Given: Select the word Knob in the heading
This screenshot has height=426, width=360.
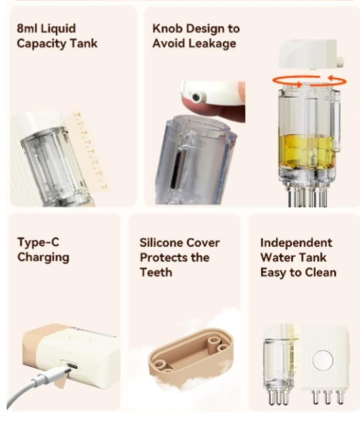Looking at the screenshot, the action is tap(166, 29).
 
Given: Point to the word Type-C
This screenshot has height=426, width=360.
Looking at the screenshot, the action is tap(38, 242).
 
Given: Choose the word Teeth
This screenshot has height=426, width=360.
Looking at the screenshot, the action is tap(156, 272).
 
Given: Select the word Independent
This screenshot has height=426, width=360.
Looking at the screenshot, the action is tap(296, 243).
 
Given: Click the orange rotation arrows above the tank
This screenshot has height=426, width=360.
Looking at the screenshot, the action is tap(309, 81).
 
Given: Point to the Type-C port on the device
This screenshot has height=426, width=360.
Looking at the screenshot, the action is tap(70, 365).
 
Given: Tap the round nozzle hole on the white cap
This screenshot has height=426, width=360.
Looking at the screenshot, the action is tap(196, 96).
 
